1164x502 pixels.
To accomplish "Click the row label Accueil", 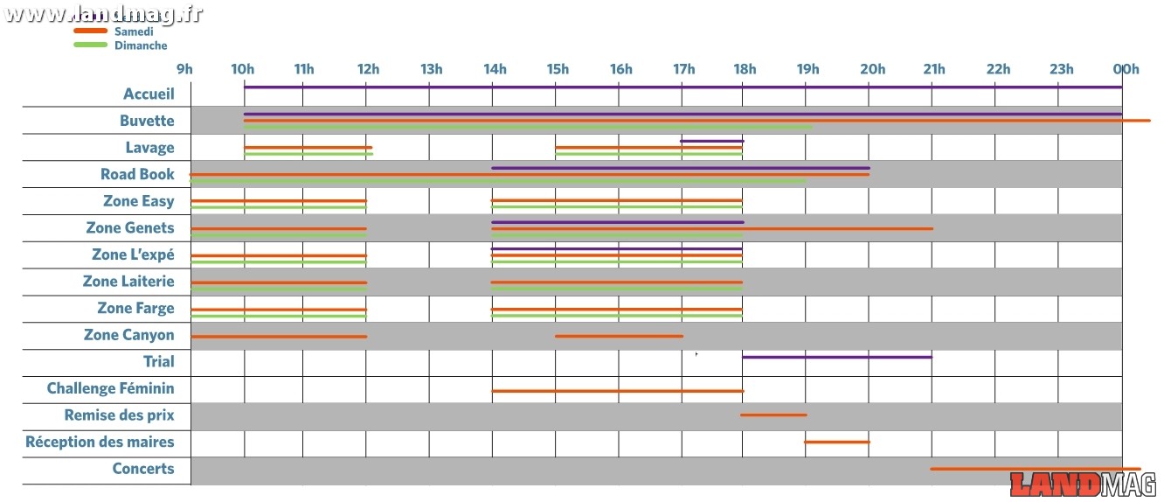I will tap(149, 94).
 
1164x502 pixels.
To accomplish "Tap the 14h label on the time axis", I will tap(494, 70).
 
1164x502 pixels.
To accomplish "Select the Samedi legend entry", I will tap(134, 31).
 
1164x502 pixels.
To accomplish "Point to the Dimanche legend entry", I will tap(140, 45).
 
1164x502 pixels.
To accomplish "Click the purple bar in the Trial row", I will tap(837, 357).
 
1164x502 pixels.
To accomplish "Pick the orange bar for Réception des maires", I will tap(837, 442).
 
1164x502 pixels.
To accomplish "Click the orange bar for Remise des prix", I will tap(773, 415).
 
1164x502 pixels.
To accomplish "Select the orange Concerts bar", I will tap(1036, 469).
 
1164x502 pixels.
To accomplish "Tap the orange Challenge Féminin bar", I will tap(617, 391).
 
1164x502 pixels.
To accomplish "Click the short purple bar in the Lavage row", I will tap(711, 141).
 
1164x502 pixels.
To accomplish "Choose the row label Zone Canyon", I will tap(128, 335).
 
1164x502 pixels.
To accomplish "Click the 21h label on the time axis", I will tap(933, 70).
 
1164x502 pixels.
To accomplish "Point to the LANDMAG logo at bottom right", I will tap(1083, 485).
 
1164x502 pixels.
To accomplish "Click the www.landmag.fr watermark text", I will tap(102, 14).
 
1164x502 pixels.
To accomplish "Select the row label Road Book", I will tap(137, 174).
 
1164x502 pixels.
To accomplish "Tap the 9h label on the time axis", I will tap(184, 70).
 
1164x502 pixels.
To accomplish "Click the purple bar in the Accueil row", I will tap(682, 87).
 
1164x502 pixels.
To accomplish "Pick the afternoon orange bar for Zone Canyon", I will tap(619, 336).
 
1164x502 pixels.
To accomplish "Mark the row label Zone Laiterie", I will tap(128, 282).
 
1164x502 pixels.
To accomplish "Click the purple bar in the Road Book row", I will tap(681, 168).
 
